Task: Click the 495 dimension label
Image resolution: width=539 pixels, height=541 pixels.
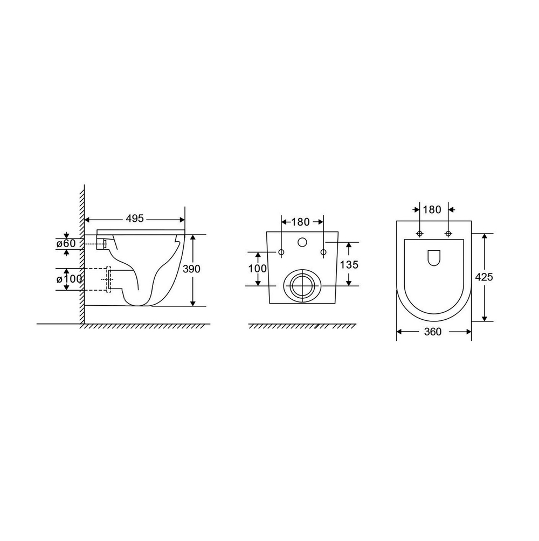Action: (x=134, y=219)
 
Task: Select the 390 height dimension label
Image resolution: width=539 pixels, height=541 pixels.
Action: (x=191, y=269)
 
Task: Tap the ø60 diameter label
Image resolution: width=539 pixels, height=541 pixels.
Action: (x=66, y=244)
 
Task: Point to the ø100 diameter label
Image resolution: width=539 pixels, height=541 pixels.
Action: (x=69, y=279)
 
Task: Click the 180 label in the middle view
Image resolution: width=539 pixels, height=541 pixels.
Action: (x=300, y=222)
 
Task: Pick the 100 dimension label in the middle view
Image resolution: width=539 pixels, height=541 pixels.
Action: (x=258, y=269)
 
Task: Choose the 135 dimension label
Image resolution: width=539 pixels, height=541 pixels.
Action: (x=349, y=265)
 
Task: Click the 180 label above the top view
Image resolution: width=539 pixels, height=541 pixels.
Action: (x=432, y=209)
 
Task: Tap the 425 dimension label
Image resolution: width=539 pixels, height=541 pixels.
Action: (x=484, y=277)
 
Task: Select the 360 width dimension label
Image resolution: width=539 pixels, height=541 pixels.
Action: (x=433, y=332)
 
